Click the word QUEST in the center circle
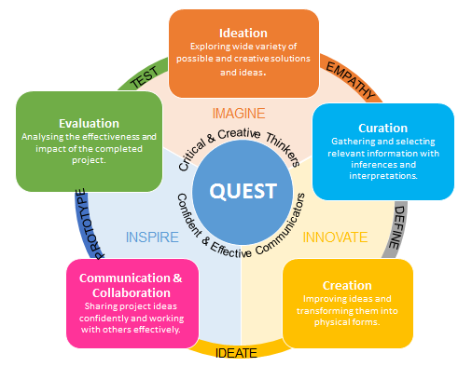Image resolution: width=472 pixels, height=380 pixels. [243, 191]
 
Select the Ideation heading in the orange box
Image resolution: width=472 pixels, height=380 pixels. [243, 33]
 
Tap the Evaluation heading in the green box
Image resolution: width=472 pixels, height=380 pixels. [89, 123]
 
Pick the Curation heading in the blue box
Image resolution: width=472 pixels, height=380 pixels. [382, 128]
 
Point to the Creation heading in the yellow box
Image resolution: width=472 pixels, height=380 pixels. [347, 285]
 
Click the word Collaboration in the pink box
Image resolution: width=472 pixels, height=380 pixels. [132, 292]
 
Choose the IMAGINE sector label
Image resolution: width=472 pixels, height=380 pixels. [239, 114]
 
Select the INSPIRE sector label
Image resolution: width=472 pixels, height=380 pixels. [152, 237]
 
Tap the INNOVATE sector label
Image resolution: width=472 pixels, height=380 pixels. [335, 237]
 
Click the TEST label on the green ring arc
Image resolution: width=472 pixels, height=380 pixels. [145, 77]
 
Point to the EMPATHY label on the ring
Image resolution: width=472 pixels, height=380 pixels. [351, 80]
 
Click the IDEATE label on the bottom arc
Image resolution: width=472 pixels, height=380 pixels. [236, 353]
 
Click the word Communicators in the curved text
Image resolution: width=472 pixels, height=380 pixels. [282, 226]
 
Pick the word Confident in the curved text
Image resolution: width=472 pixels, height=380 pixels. [189, 215]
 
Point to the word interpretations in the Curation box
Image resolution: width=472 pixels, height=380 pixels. [383, 176]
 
